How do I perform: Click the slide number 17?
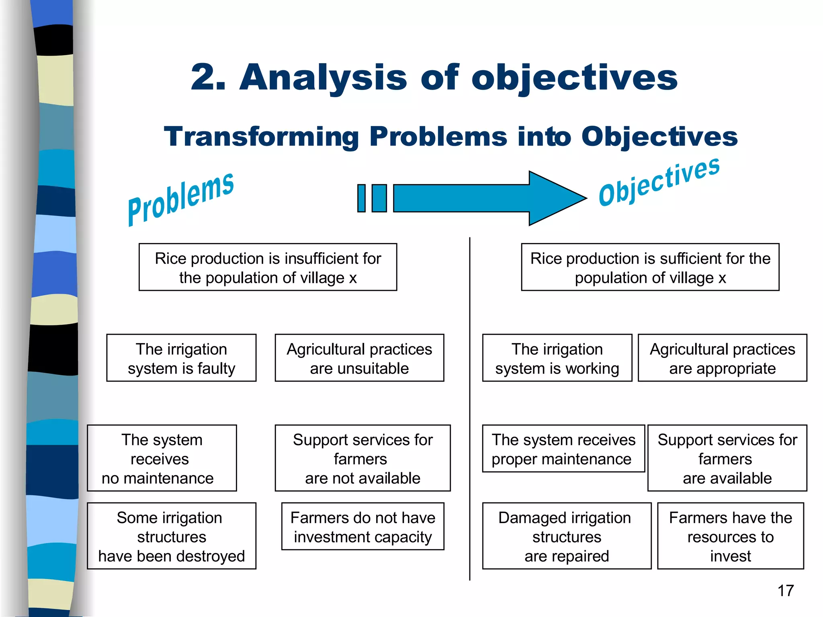[x=786, y=591]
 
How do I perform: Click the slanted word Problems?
[x=180, y=199]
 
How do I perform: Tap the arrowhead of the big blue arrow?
[x=557, y=198]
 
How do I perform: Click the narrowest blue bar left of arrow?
[x=361, y=198]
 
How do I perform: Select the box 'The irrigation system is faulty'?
[x=181, y=358]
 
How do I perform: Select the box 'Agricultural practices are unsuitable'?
[x=359, y=358]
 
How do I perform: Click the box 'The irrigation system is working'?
[x=557, y=358]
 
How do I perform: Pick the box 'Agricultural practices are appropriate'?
[x=722, y=358]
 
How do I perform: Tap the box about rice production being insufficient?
[x=268, y=267]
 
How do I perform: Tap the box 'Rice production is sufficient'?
[x=650, y=267]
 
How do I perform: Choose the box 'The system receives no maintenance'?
[x=162, y=458]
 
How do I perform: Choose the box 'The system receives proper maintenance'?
[x=563, y=449]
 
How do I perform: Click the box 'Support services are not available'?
[x=362, y=458]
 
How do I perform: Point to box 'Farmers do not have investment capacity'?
[x=362, y=526]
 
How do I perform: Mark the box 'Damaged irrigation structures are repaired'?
[x=566, y=536]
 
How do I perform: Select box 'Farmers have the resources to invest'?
[x=730, y=536]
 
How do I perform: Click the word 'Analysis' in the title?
[x=323, y=77]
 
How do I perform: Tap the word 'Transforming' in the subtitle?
[x=261, y=137]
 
